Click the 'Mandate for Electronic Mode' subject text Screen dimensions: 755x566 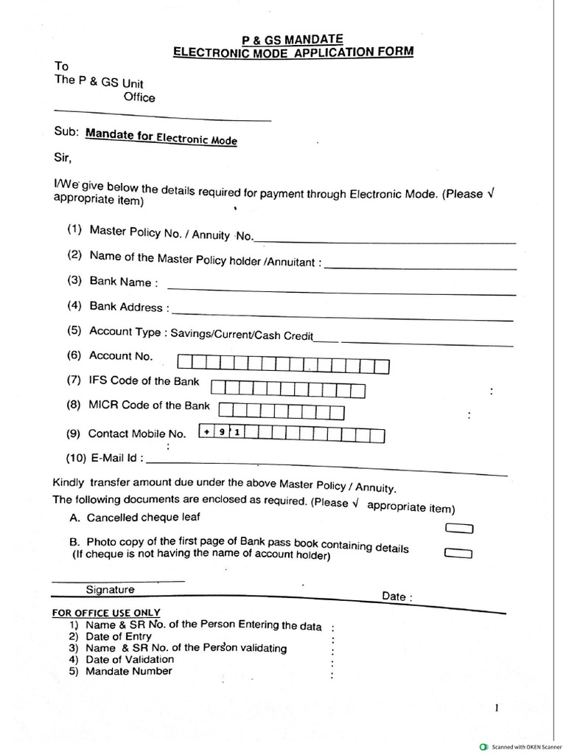tap(161, 136)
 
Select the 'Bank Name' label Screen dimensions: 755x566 tap(120, 282)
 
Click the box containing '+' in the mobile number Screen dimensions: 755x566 tap(207, 433)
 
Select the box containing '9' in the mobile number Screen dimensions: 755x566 tap(221, 433)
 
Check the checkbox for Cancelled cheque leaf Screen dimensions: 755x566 tap(459, 528)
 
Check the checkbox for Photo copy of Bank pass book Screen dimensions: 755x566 tap(458, 553)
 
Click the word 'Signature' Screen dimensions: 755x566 tap(111, 590)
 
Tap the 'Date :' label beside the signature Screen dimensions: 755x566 tap(397, 596)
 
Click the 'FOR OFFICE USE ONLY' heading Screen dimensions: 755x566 tap(106, 613)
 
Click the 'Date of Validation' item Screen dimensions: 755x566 tap(130, 659)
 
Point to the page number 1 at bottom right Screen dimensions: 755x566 tap(497, 709)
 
